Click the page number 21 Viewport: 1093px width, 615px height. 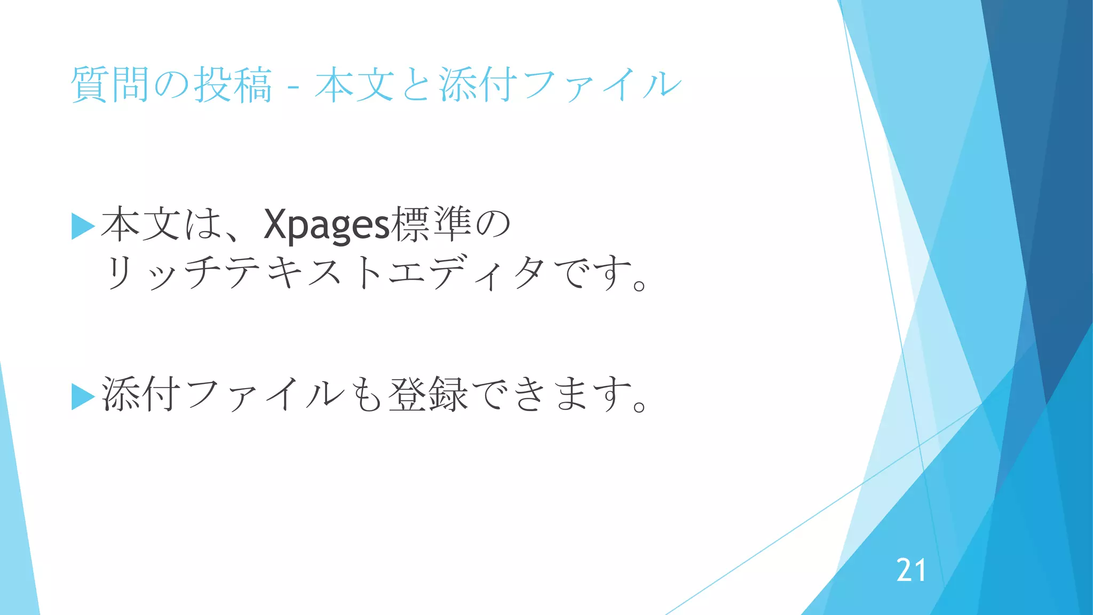pyautogui.click(x=911, y=570)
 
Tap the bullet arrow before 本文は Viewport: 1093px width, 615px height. pyautogui.click(x=82, y=226)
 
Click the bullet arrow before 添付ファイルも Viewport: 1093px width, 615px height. pyautogui.click(x=82, y=397)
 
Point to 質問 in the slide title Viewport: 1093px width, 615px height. pyautogui.click(x=110, y=84)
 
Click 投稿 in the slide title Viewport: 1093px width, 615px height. pyautogui.click(x=233, y=84)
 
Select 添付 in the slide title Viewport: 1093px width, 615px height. pyautogui.click(x=478, y=84)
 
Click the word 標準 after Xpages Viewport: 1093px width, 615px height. pyautogui.click(x=431, y=224)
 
